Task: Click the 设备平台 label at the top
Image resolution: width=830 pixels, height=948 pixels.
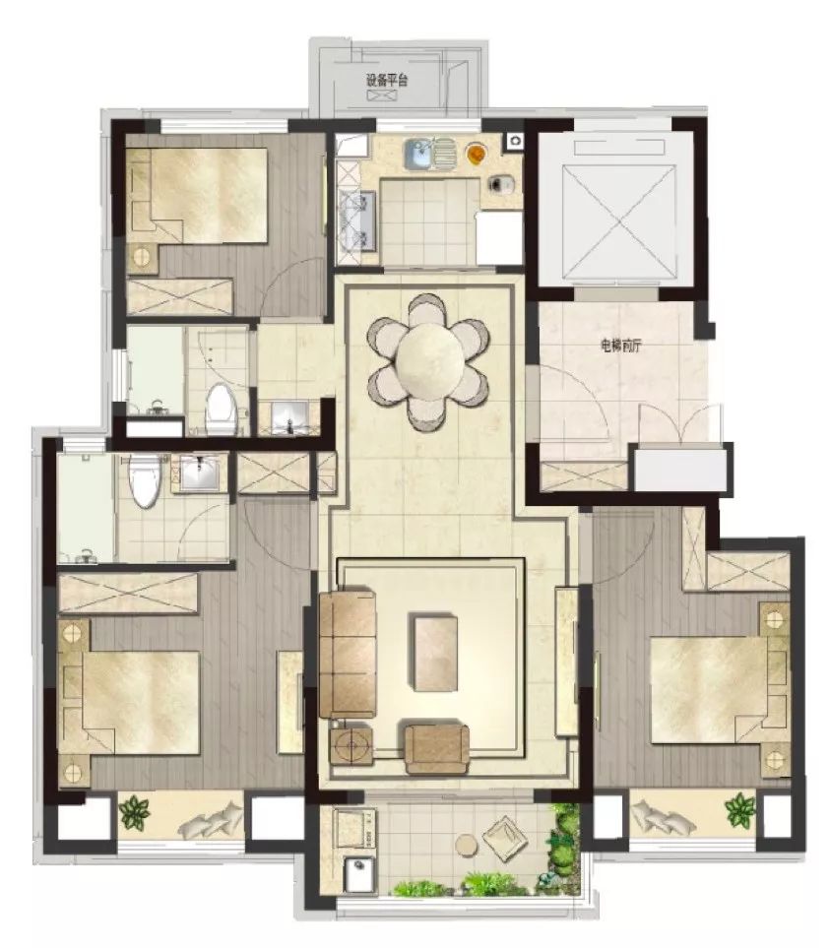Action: (386, 80)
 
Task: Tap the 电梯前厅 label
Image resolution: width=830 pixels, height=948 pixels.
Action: (620, 346)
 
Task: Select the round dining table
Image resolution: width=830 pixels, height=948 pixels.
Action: (428, 361)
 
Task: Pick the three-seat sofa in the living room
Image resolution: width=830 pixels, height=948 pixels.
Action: (348, 655)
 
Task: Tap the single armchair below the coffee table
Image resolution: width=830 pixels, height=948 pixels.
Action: (436, 748)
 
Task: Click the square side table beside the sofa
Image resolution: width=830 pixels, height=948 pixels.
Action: (351, 745)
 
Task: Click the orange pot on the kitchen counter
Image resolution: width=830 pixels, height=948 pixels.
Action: (476, 154)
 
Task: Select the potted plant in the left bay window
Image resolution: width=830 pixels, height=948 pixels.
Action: (134, 812)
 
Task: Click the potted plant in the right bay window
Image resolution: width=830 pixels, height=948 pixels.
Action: (740, 810)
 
